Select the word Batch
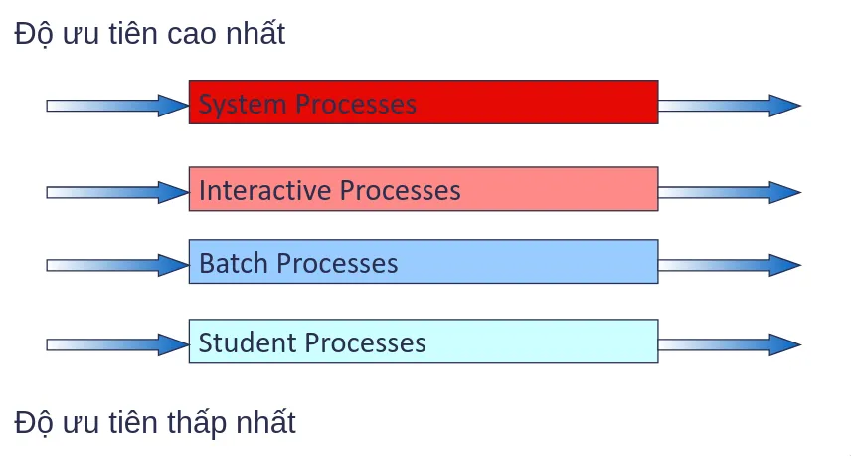[234, 263]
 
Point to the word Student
[248, 342]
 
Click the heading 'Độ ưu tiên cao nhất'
[150, 34]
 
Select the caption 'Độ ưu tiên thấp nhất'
[155, 422]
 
